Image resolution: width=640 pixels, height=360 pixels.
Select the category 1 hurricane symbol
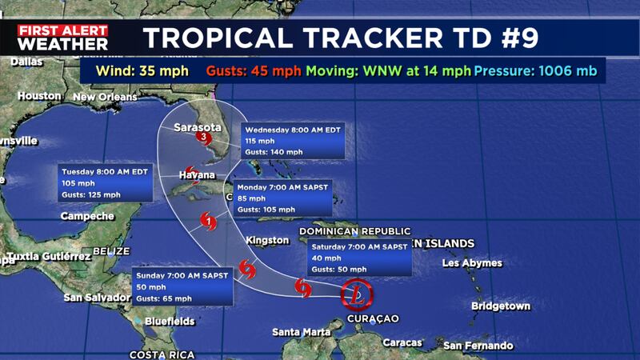pyautogui.click(x=207, y=222)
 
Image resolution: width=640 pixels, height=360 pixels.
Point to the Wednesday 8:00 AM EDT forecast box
pyautogui.click(x=294, y=140)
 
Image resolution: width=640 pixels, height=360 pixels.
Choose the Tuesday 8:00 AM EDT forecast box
pyautogui.click(x=106, y=182)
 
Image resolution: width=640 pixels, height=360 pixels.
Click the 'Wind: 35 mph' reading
pyautogui.click(x=142, y=71)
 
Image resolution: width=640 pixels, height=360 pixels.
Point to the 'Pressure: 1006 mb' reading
pyautogui.click(x=536, y=71)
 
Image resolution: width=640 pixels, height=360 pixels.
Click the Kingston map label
pyautogui.click(x=269, y=240)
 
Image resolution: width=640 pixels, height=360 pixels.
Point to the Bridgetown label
pyautogui.click(x=501, y=306)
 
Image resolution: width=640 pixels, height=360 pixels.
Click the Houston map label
pyautogui.click(x=39, y=96)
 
